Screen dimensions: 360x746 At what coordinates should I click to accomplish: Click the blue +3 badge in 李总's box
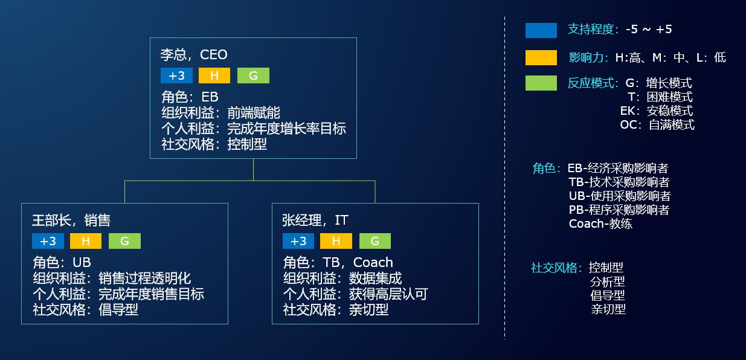(x=176, y=76)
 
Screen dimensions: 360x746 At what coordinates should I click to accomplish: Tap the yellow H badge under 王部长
(x=86, y=241)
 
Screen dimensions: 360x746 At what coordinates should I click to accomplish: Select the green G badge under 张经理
(x=375, y=241)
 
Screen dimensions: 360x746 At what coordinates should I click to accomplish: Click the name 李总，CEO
(x=194, y=55)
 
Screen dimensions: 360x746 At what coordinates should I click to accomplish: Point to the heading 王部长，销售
(x=71, y=220)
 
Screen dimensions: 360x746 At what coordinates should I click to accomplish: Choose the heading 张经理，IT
(x=315, y=220)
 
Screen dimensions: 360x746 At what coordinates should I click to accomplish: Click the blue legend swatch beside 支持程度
(x=541, y=30)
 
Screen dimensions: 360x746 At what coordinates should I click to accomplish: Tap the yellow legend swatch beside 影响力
(x=541, y=57)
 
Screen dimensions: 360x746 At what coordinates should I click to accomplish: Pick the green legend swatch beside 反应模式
(x=541, y=83)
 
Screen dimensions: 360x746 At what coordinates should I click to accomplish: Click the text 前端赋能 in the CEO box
(x=254, y=113)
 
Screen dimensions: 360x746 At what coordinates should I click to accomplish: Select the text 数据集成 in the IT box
(x=375, y=278)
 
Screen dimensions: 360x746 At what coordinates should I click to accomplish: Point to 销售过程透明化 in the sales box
(x=144, y=278)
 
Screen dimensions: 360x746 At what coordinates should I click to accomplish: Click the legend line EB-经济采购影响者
(x=617, y=169)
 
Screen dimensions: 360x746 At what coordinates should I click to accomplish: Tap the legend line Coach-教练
(x=600, y=223)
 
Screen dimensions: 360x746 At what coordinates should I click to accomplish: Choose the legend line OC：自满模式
(x=657, y=125)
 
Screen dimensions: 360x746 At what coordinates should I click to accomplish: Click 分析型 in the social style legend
(x=607, y=281)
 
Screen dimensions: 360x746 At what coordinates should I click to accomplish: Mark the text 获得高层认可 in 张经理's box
(x=388, y=294)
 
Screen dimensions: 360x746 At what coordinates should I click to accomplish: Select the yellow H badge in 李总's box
(x=214, y=76)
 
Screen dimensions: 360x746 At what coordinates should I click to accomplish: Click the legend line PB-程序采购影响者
(x=619, y=210)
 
